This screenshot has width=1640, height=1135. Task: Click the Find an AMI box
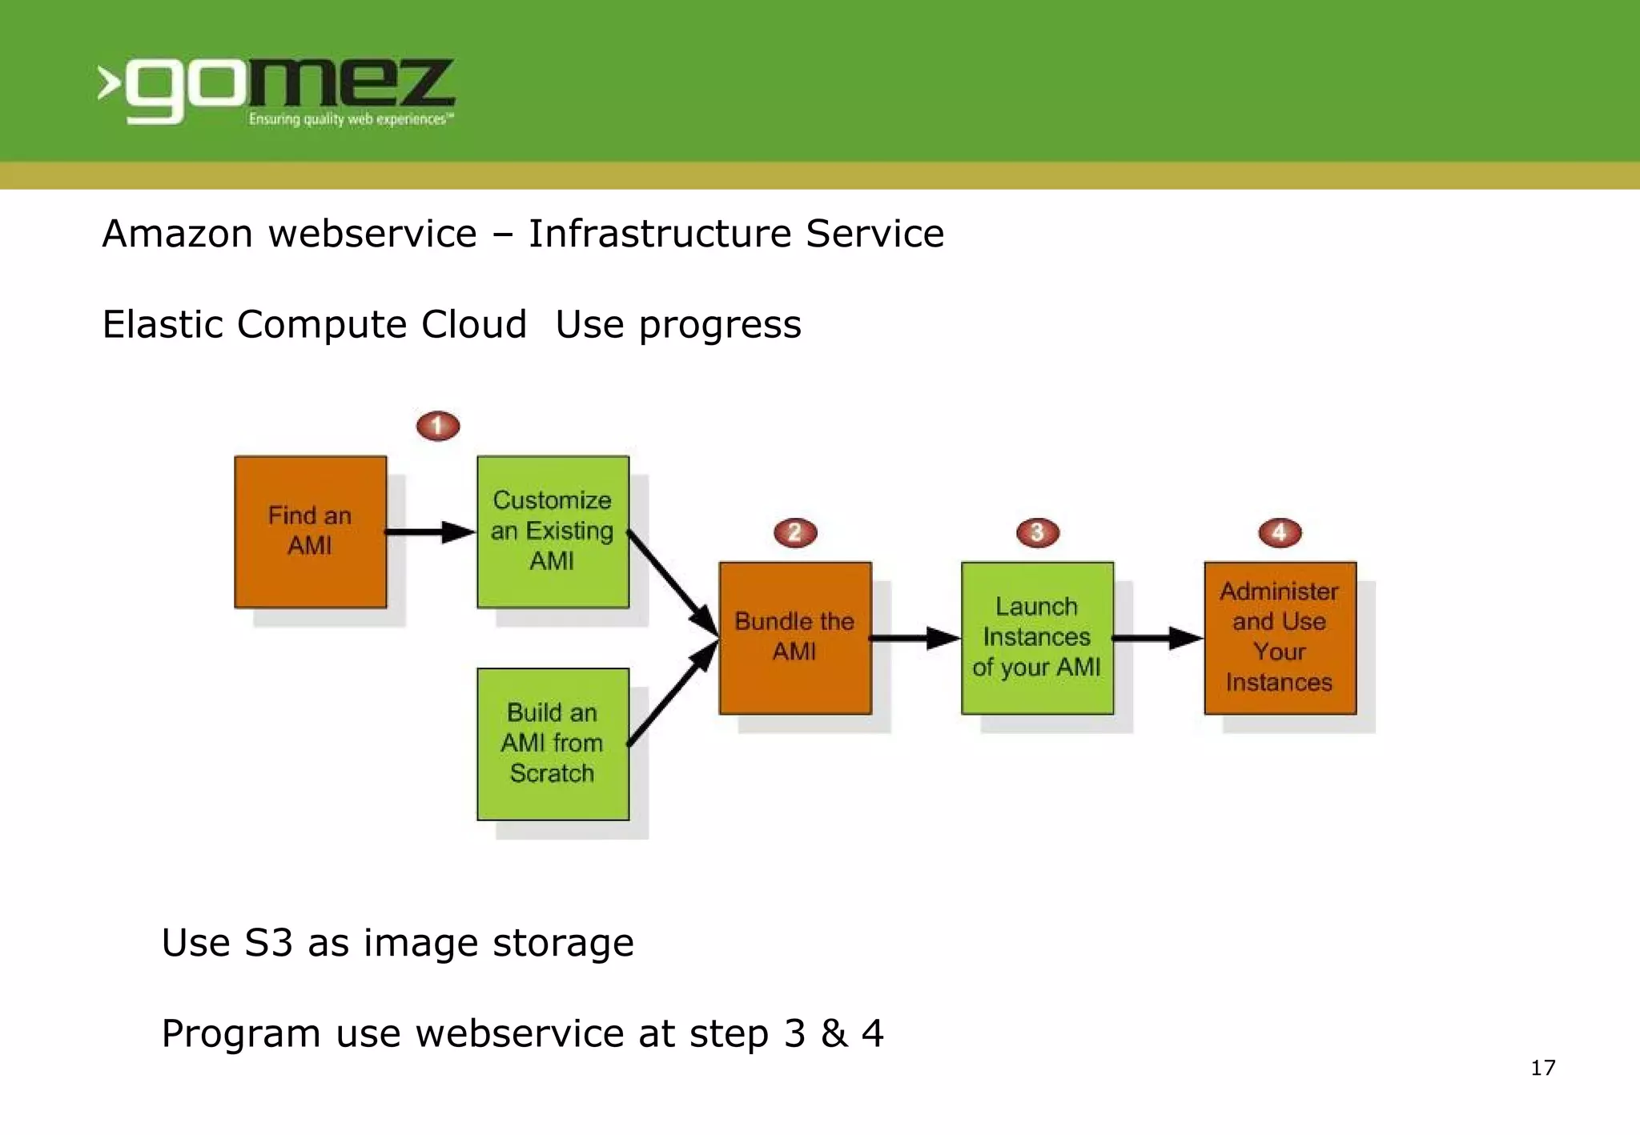(311, 531)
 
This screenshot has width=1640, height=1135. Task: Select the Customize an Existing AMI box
(553, 531)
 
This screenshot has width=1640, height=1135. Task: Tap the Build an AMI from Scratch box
(553, 744)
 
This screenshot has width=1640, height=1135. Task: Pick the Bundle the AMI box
(795, 637)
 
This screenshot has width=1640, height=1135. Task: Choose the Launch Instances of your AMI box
(1037, 637)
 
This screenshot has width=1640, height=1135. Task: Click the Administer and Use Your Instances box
(1280, 637)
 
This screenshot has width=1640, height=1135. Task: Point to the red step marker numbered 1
(438, 426)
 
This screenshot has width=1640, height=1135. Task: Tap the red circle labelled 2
(795, 532)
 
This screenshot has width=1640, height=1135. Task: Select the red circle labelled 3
(1037, 532)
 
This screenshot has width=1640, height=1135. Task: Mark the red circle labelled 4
(1280, 532)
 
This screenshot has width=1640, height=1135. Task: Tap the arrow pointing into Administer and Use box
(1158, 638)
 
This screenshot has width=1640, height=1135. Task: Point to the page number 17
(1542, 1068)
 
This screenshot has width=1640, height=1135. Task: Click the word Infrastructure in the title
(660, 234)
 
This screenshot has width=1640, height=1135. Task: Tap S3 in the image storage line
(268, 943)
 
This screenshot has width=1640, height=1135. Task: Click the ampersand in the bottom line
(834, 1033)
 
